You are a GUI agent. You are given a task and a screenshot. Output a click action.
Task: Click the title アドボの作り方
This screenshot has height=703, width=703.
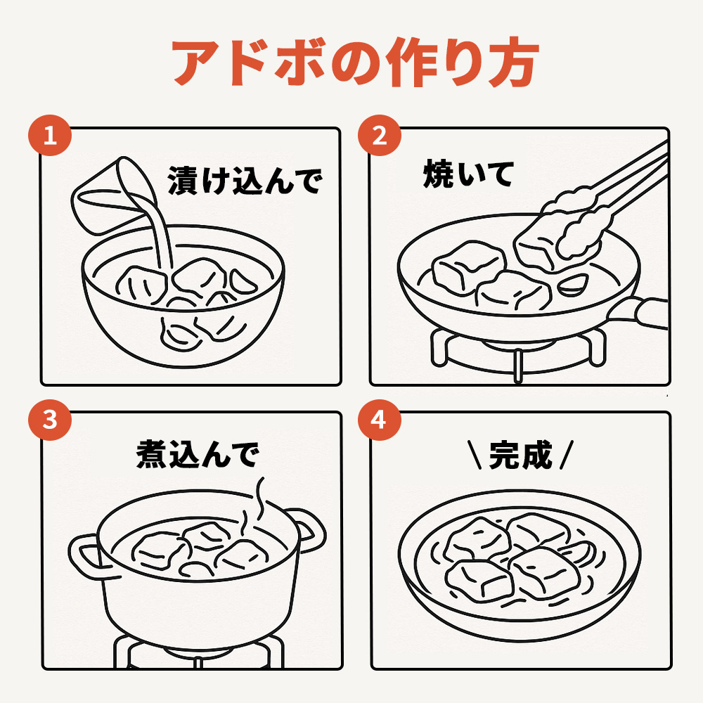click(355, 62)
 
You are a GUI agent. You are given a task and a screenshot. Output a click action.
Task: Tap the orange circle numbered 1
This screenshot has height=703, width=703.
click(50, 135)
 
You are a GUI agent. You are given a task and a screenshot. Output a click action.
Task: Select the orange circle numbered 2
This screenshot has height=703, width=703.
click(380, 135)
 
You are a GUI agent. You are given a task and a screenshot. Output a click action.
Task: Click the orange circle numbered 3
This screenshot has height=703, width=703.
click(50, 420)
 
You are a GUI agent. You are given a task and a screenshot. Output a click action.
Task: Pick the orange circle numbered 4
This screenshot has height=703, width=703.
click(380, 420)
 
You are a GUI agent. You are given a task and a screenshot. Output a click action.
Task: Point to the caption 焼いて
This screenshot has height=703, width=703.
click(468, 174)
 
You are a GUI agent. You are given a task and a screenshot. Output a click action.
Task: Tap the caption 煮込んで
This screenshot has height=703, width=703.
click(198, 453)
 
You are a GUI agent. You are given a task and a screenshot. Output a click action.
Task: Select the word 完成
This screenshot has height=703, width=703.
click(520, 455)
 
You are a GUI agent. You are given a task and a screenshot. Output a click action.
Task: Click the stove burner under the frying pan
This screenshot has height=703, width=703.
click(518, 355)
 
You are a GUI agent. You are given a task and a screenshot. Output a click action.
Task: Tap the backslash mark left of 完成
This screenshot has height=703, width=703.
click(475, 455)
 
